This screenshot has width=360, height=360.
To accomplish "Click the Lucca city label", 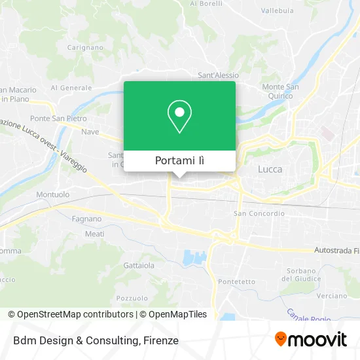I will (270, 169).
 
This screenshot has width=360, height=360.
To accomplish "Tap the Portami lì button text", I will (179, 161).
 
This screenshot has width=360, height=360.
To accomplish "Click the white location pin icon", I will (179, 117).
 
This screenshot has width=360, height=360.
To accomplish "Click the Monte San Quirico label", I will (280, 91).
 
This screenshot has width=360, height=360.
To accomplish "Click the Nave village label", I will (90, 132).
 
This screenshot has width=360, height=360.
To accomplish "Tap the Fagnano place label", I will (86, 219).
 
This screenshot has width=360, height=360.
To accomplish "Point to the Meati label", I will (94, 234).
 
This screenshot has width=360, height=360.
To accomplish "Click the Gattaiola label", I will (139, 266).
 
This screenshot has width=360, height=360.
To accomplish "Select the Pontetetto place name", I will (238, 281).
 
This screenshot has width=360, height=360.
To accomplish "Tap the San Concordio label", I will (259, 213).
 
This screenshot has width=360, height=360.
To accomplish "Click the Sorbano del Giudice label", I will (301, 274).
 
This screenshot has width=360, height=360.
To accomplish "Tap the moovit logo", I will (310, 340).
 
